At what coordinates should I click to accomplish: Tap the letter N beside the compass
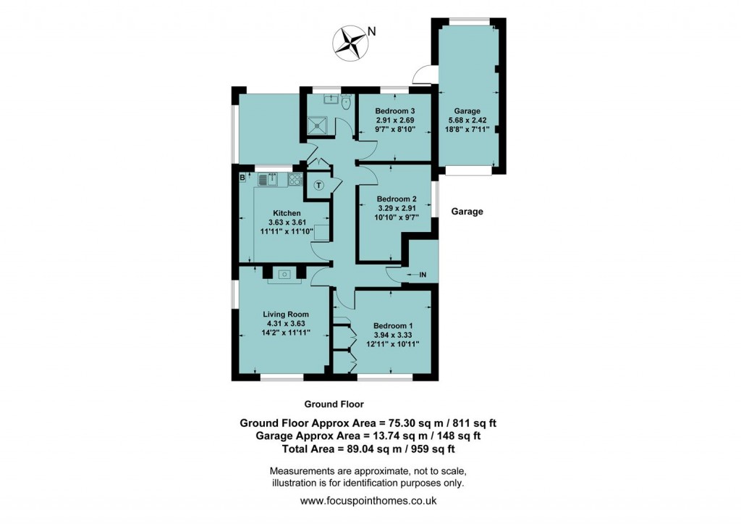[372, 31]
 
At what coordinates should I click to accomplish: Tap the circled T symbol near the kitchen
[318, 185]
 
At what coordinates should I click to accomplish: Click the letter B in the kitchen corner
[242, 177]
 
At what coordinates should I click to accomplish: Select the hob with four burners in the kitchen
[296, 179]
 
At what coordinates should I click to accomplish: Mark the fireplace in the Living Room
[284, 275]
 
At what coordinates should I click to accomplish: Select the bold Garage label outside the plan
[467, 212]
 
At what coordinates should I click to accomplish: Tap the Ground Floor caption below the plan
[334, 404]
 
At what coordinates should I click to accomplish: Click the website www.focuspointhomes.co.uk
[368, 501]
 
